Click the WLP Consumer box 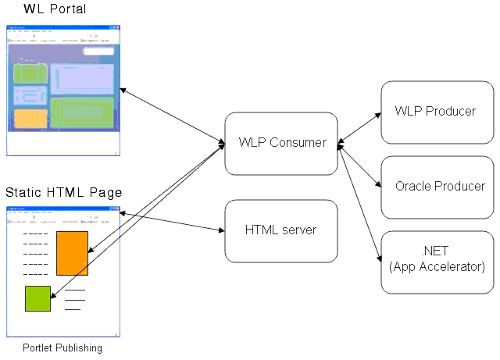281,143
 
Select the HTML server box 281,230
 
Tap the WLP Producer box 435,111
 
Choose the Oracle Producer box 435,187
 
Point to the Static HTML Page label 63,192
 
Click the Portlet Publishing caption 62,348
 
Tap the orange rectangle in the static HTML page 72,252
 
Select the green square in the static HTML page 37,298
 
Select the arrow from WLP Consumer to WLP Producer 359,127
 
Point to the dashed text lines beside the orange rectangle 35,254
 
